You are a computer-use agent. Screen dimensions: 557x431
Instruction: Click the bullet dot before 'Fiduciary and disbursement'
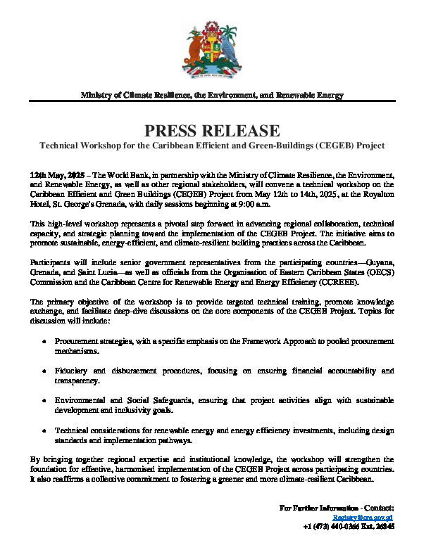coord(46,370)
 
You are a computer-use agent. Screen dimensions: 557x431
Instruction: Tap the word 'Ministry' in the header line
coord(99,95)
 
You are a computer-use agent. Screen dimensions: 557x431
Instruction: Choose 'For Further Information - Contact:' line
coord(337,506)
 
